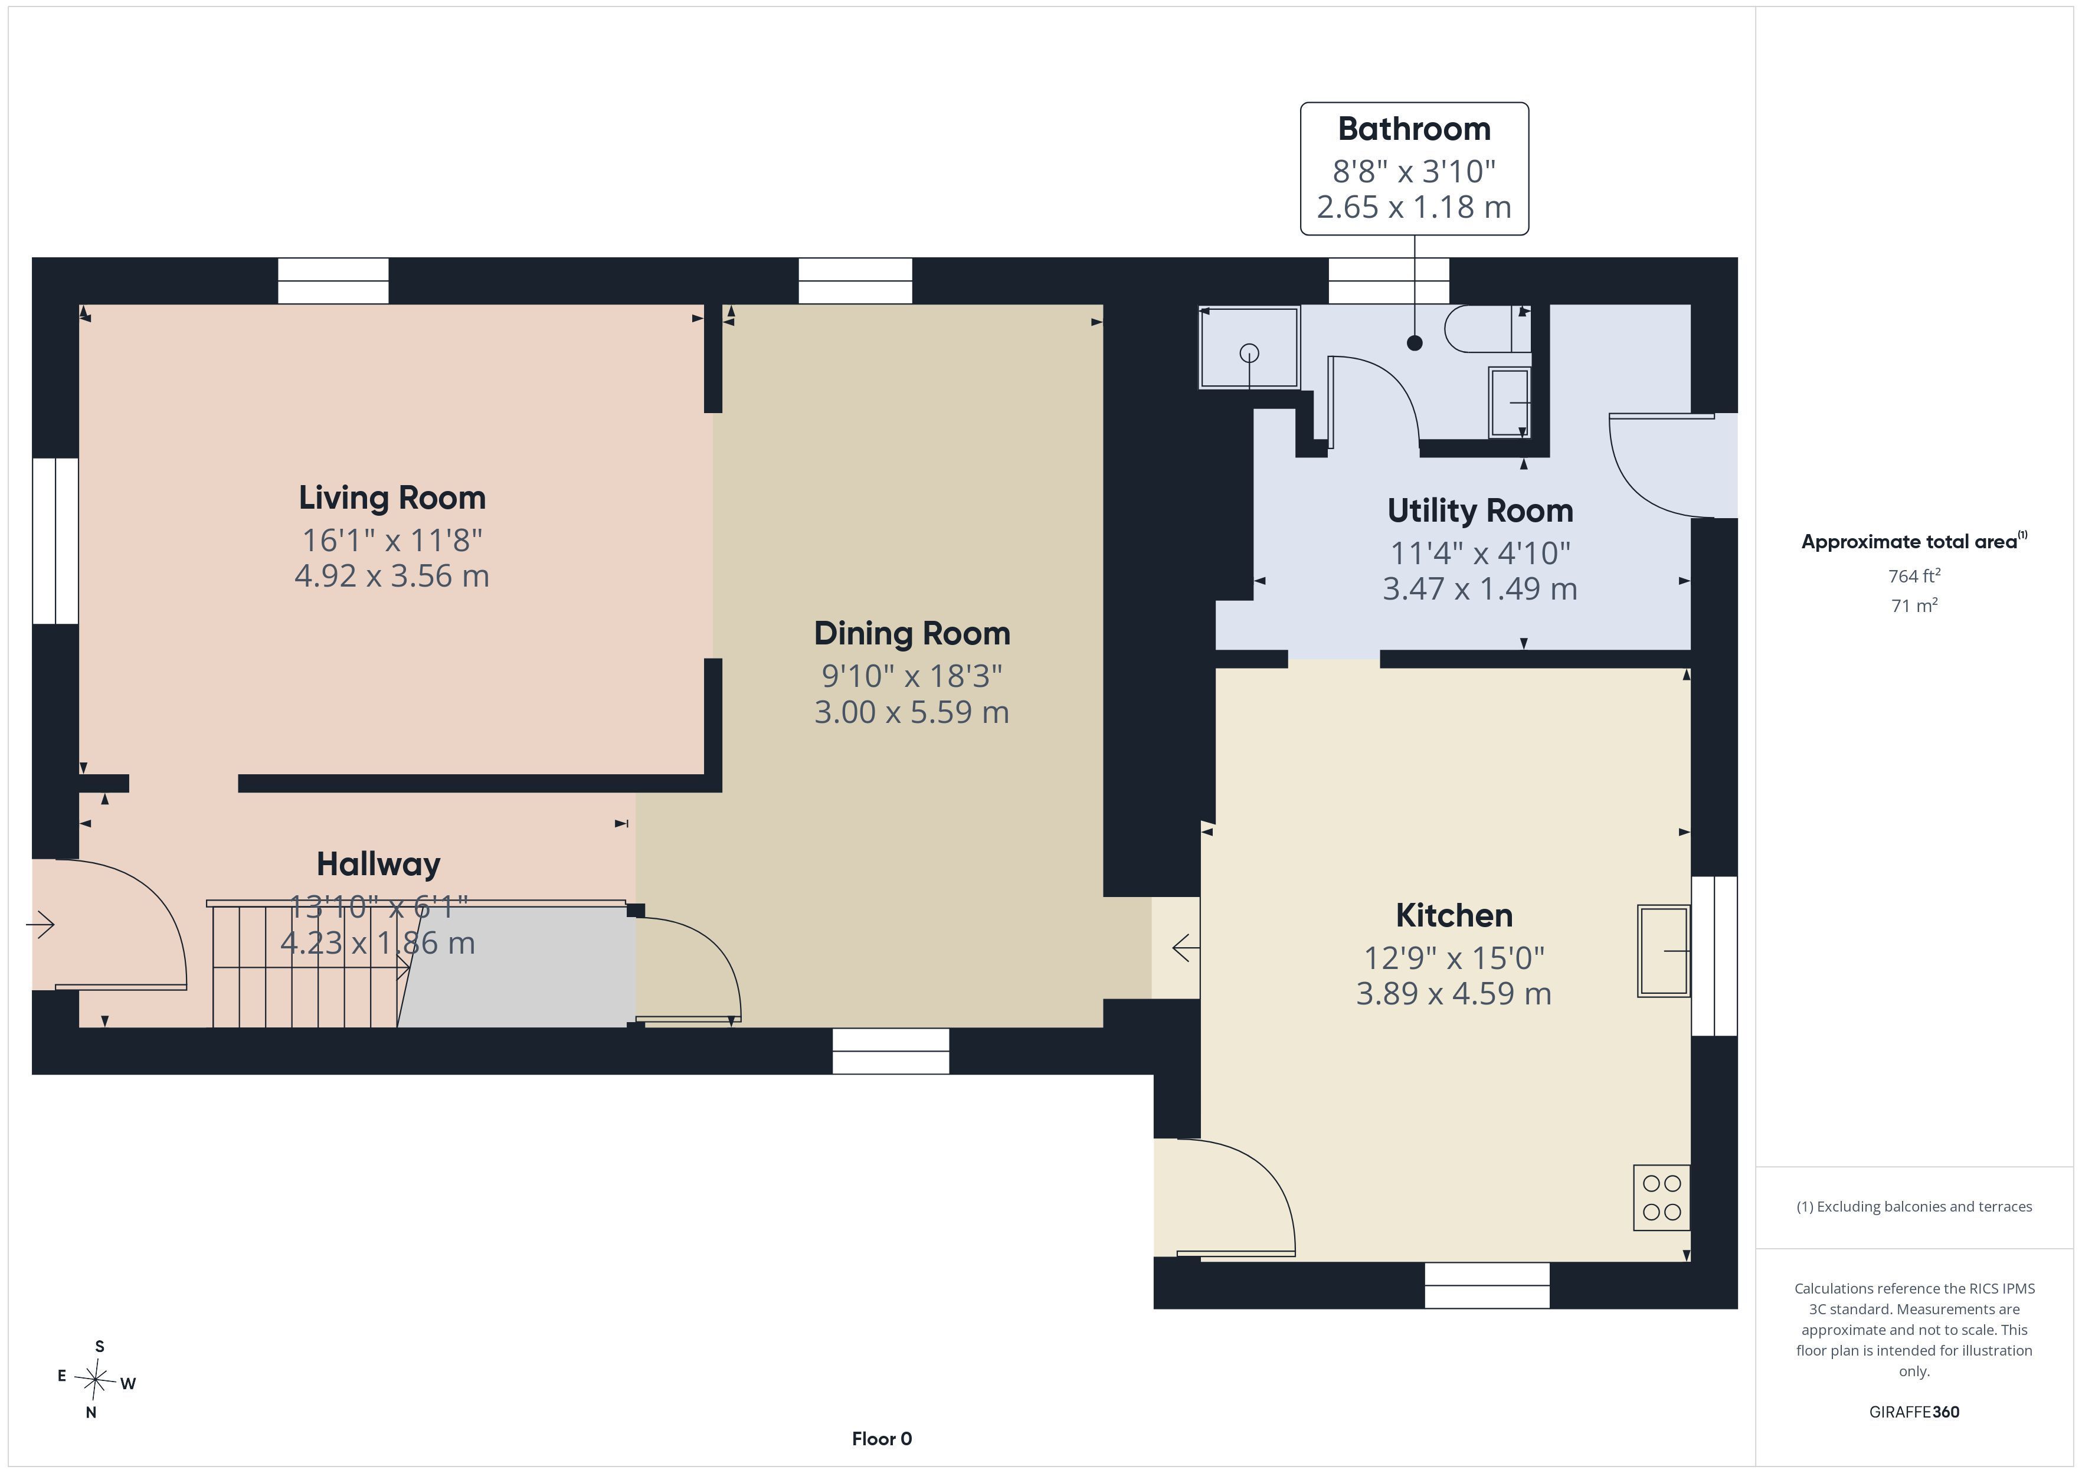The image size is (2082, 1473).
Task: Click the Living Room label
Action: click(392, 498)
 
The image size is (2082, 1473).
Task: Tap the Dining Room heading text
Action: click(912, 634)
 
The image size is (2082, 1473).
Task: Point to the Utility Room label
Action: click(1481, 510)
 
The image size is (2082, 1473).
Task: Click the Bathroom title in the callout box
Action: click(1415, 129)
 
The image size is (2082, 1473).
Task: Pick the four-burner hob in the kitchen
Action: click(1661, 1197)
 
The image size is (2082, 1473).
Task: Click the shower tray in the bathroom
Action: click(1249, 348)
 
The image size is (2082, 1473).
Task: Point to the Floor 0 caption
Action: click(882, 1439)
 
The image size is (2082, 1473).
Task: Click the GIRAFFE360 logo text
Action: click(1914, 1411)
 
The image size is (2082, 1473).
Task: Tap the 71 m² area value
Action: click(1914, 605)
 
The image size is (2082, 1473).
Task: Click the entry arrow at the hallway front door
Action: click(40, 925)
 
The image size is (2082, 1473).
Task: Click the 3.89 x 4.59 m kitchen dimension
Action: click(1454, 994)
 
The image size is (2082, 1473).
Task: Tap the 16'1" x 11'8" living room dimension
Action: click(392, 541)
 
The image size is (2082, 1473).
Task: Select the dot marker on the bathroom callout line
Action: click(1415, 343)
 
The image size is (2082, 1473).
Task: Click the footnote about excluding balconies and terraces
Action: click(1914, 1206)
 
